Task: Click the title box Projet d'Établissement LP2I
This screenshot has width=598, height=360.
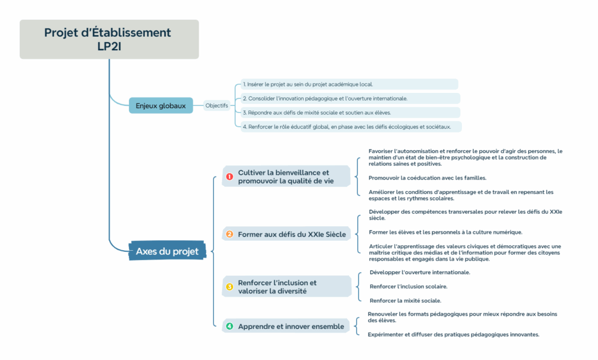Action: point(109,39)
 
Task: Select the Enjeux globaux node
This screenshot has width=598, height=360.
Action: point(161,105)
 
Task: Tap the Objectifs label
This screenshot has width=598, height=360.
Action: point(217,105)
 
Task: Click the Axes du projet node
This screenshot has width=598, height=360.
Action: point(167,251)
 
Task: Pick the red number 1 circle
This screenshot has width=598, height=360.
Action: point(230,176)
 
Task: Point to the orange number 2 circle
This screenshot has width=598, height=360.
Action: point(230,234)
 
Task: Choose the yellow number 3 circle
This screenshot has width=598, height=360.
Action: point(230,287)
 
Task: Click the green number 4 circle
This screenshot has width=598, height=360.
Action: point(230,326)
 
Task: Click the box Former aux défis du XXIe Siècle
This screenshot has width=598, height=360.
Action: point(286,234)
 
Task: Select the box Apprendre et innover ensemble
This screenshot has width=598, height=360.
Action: point(286,326)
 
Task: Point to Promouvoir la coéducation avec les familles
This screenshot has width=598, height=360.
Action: point(427,178)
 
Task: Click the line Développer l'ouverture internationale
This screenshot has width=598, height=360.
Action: point(420,272)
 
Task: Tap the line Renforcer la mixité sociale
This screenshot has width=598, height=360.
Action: point(405,300)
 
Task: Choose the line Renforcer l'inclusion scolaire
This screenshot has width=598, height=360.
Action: point(408,286)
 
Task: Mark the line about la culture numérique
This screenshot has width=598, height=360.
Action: point(446,232)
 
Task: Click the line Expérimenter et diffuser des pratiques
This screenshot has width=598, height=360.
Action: point(453,334)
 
